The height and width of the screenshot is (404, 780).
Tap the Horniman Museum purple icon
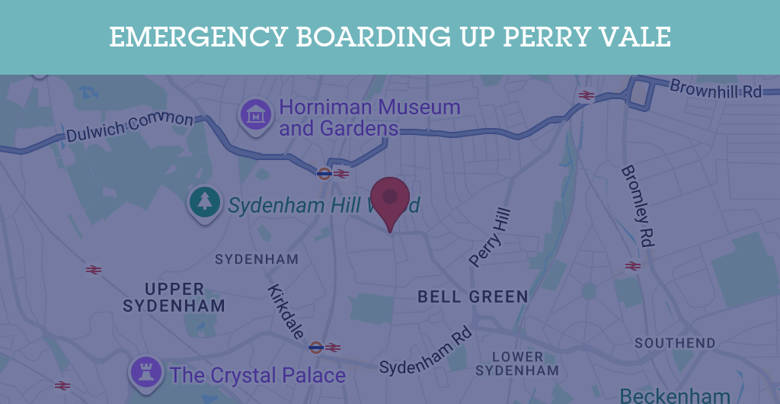(257, 115)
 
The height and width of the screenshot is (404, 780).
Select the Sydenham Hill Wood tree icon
(204, 202)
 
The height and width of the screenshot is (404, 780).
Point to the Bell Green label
(472, 297)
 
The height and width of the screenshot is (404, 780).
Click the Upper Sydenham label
(174, 298)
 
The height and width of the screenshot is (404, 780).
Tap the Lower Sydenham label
(517, 364)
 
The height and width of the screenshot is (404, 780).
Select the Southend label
(675, 343)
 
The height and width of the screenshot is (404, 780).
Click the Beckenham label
(675, 395)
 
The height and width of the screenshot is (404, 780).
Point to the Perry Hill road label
(490, 237)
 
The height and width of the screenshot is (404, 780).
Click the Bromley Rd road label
(638, 205)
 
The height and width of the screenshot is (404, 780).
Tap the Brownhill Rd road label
(715, 89)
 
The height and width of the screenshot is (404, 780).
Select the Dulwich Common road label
(129, 127)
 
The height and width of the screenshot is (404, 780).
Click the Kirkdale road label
(286, 311)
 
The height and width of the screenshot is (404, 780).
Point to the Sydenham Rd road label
(426, 353)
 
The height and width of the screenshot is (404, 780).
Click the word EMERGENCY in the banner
(197, 37)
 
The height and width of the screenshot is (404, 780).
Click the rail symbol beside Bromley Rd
(632, 266)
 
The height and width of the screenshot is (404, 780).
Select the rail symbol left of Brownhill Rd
(586, 95)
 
